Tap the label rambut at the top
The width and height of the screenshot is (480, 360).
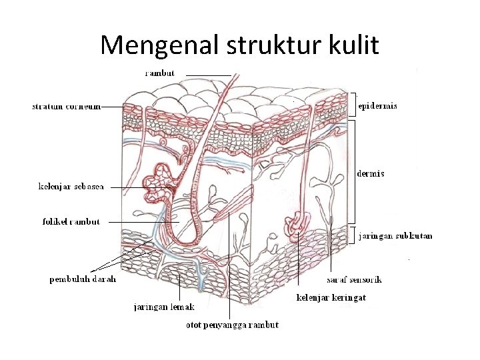tap(161, 73)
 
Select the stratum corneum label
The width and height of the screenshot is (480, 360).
tap(66, 106)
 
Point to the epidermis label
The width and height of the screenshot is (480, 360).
tap(377, 105)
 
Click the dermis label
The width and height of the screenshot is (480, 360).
tap(371, 174)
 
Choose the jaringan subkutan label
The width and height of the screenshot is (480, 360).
tap(396, 235)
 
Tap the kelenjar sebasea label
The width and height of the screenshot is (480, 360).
tap(71, 187)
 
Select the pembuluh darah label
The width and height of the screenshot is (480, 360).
tap(83, 279)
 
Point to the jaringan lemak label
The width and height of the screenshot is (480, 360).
tap(165, 307)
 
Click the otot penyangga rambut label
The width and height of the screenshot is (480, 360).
tap(232, 325)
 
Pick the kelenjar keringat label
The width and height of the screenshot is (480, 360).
tap(331, 297)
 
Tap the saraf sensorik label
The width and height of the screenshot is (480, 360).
tap(354, 279)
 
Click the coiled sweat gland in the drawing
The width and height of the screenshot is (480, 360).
tap(295, 225)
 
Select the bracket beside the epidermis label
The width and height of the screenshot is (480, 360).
tap(353, 105)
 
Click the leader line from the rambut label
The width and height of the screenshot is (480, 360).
tap(207, 74)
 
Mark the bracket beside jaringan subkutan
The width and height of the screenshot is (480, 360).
tap(354, 235)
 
